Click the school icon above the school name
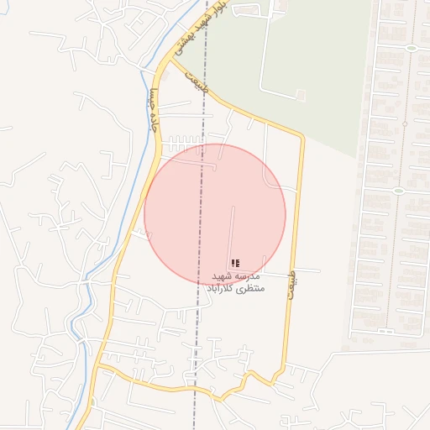click(234, 263)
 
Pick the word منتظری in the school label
click(252, 289)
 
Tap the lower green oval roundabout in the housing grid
click(398, 190)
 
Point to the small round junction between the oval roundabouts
click(404, 123)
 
